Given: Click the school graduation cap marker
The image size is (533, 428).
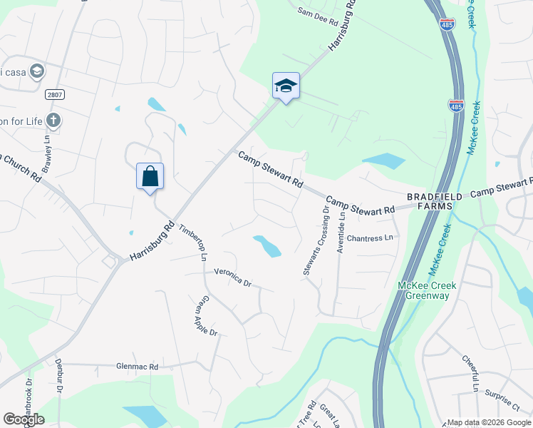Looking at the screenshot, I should pyautogui.click(x=286, y=86).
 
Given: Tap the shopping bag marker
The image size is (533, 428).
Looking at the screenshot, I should pyautogui.click(x=150, y=176).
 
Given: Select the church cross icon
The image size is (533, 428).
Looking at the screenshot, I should pyautogui.click(x=53, y=120).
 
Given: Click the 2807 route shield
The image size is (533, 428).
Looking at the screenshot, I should pyautogui.click(x=53, y=95).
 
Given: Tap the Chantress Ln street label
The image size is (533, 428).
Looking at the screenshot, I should pyautogui.click(x=370, y=238).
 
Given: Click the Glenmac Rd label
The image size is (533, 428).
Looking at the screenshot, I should pyautogui.click(x=137, y=367).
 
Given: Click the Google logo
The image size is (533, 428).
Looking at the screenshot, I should pyautogui.click(x=24, y=419).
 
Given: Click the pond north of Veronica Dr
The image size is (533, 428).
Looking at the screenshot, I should pyautogui.click(x=267, y=246).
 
